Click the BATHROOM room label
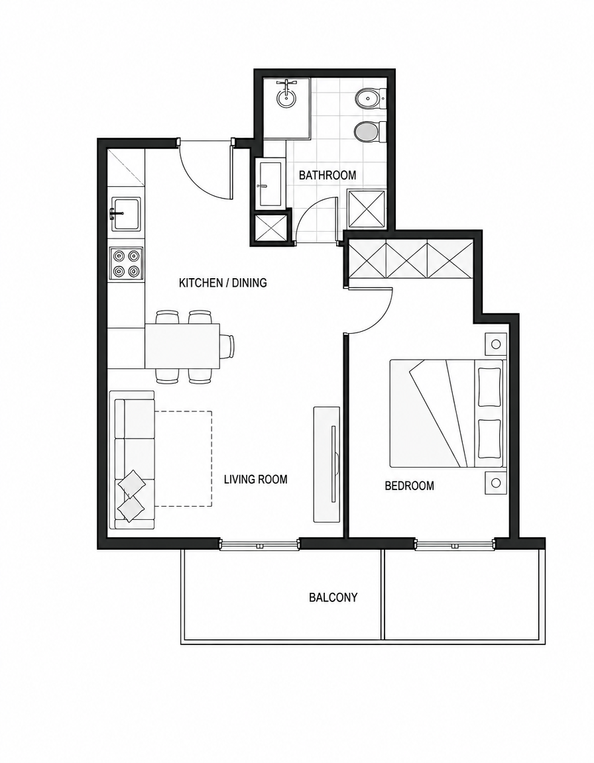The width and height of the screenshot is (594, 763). coord(327,175)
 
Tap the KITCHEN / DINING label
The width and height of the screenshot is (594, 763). coord(223,282)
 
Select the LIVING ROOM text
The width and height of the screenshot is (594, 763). coord(256,480)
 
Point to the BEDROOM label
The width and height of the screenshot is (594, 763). coord(410,485)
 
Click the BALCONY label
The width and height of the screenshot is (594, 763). coord(333,597)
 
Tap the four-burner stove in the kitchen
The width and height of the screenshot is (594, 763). coord(127,263)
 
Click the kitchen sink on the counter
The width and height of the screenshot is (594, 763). coord(127,214)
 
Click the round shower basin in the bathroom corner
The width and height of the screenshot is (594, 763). coord(286,95)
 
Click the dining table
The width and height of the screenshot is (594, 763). coord(182,346)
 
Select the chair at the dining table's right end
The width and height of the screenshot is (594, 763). coord(227,346)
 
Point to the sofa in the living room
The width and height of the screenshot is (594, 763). coord(131,460)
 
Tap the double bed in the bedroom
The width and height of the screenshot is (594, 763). coord(447,413)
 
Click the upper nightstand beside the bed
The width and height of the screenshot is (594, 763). coord(496,344)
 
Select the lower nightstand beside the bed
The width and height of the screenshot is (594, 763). coord(496,483)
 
